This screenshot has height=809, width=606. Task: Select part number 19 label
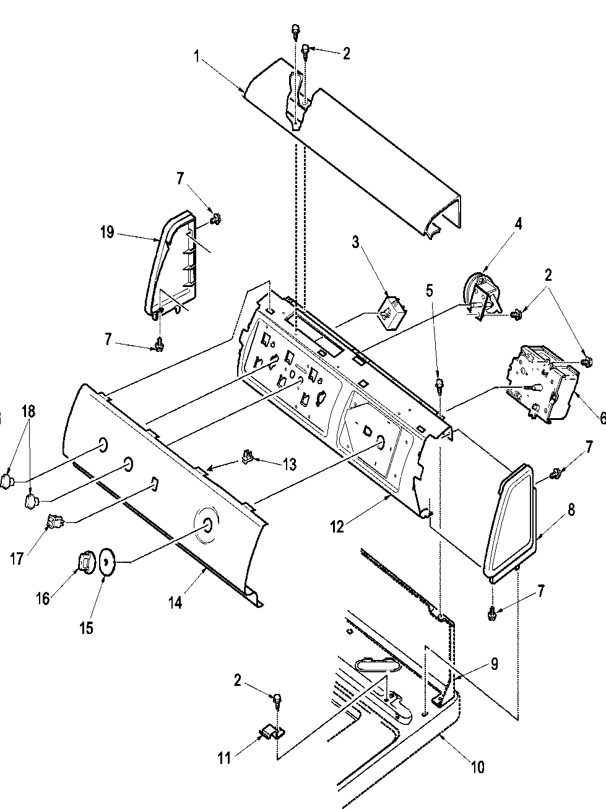click(106, 232)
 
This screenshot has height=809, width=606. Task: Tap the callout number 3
click(356, 242)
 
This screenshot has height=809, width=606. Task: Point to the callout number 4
click(518, 224)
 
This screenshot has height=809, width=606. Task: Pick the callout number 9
click(494, 664)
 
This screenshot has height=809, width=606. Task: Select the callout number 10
click(478, 768)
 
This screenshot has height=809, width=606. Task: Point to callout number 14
click(175, 602)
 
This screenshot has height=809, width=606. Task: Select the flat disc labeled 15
click(107, 561)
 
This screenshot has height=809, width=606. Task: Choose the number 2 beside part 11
click(238, 681)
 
